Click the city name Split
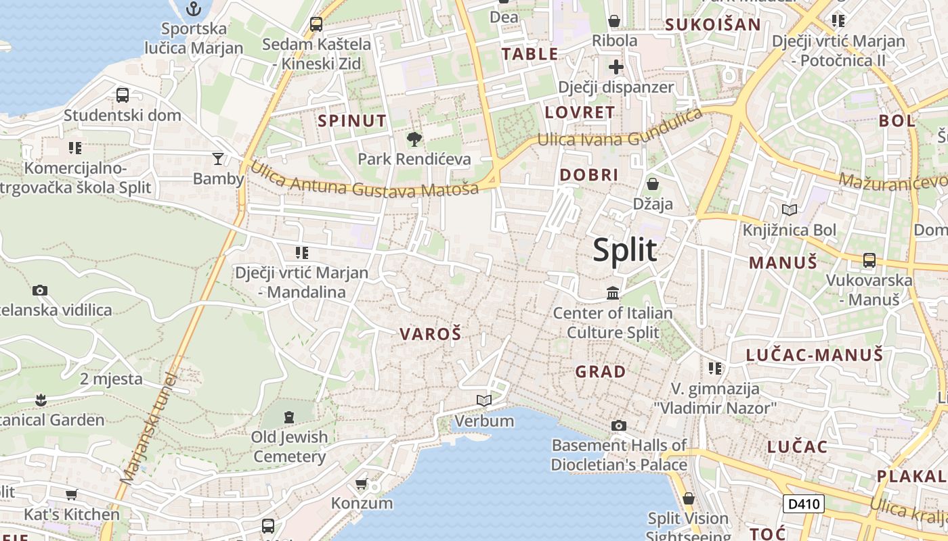pyautogui.click(x=624, y=250)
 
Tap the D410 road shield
pyautogui.click(x=804, y=503)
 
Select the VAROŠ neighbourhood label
pyautogui.click(x=430, y=334)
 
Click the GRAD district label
pyautogui.click(x=601, y=372)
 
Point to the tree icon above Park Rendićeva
pyautogui.click(x=414, y=139)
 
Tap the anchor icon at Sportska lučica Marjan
pyautogui.click(x=194, y=9)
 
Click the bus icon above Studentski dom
pyautogui.click(x=123, y=95)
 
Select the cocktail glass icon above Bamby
pyautogui.click(x=217, y=159)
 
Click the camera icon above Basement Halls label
pyautogui.click(x=618, y=425)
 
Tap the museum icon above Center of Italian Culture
pyautogui.click(x=613, y=293)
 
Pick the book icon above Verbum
pyautogui.click(x=483, y=401)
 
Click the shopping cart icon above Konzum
pyautogui.click(x=362, y=484)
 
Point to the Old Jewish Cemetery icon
pyautogui.click(x=289, y=417)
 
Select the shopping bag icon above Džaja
pyautogui.click(x=653, y=184)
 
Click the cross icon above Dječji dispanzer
pyautogui.click(x=616, y=67)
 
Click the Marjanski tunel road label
pyautogui.click(x=148, y=428)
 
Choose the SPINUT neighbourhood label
pyautogui.click(x=352, y=122)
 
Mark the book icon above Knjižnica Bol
pyautogui.click(x=790, y=210)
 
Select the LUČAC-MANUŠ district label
pyautogui.click(x=814, y=355)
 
